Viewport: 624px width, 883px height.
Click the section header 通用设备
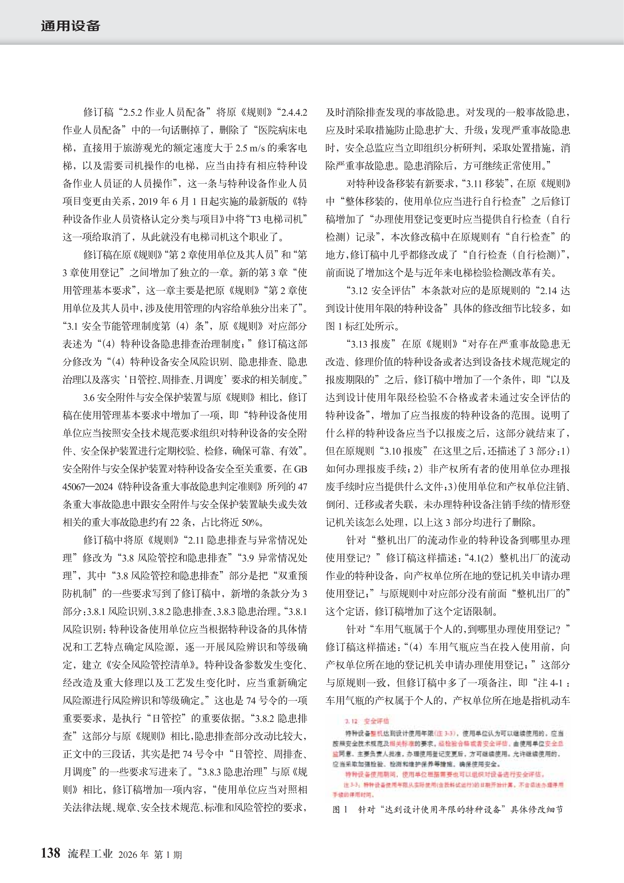(70, 26)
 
